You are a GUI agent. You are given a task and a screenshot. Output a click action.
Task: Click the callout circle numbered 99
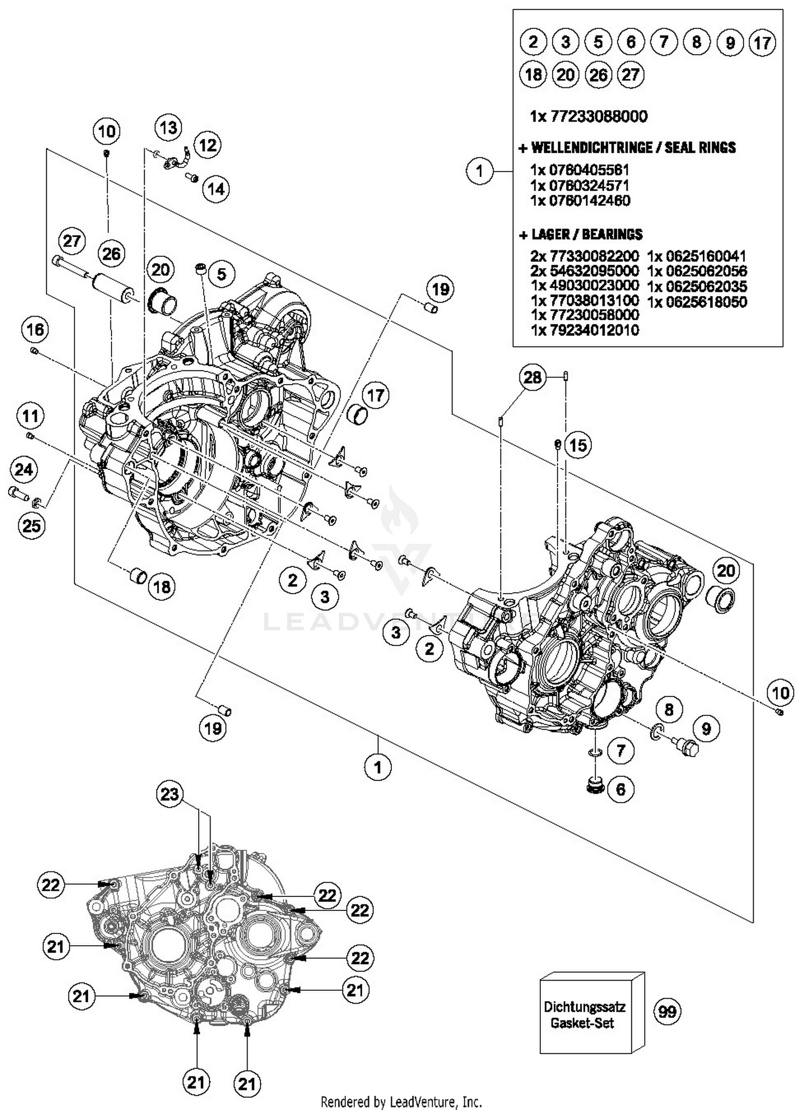point(667,1011)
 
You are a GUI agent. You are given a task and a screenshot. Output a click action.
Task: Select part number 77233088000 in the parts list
point(598,116)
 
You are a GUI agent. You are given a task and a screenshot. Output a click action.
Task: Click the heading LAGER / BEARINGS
point(586,234)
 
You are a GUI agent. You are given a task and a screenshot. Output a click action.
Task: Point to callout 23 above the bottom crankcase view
point(169,794)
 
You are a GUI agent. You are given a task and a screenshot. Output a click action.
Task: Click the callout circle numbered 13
point(168,128)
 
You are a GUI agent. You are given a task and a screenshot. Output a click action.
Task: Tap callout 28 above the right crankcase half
point(532,377)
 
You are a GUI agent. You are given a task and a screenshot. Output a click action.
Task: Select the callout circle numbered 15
point(578,445)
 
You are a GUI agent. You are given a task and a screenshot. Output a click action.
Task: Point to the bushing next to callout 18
point(139,577)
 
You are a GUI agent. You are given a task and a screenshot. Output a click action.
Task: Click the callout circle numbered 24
point(24,470)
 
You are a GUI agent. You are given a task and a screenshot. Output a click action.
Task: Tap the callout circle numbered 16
point(35,330)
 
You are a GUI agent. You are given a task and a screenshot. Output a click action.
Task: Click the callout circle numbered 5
point(221,274)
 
